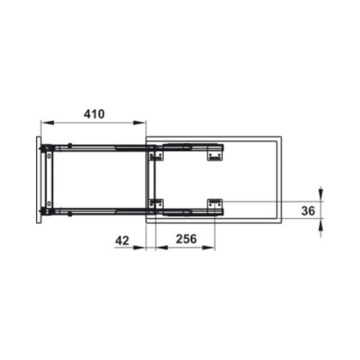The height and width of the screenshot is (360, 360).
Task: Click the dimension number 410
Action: (x=94, y=114)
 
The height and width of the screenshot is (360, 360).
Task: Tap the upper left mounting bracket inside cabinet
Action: (x=153, y=153)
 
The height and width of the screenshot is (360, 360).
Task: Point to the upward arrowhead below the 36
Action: (x=320, y=225)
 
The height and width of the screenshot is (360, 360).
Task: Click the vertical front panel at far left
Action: (x=38, y=180)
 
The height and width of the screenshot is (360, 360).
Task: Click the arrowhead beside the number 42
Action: (x=143, y=247)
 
